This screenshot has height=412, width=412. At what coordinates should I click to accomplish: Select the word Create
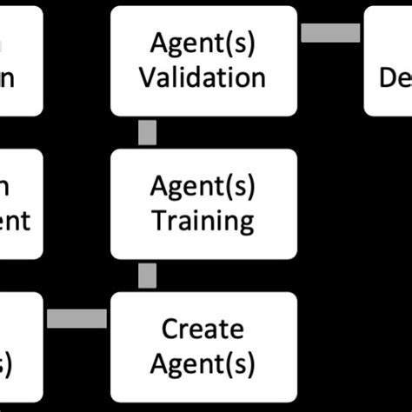(x=203, y=329)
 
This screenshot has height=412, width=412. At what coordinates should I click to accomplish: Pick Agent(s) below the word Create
(x=203, y=363)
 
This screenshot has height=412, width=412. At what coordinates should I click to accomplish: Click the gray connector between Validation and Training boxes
(x=148, y=133)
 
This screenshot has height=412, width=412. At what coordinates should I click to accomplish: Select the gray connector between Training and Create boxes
(x=148, y=276)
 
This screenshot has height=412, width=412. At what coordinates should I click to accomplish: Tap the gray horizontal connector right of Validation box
(x=330, y=32)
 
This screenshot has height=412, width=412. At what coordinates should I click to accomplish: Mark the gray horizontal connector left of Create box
(x=76, y=319)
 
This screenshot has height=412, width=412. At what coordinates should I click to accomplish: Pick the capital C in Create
(x=170, y=329)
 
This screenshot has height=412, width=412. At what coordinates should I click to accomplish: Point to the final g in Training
(x=246, y=223)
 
